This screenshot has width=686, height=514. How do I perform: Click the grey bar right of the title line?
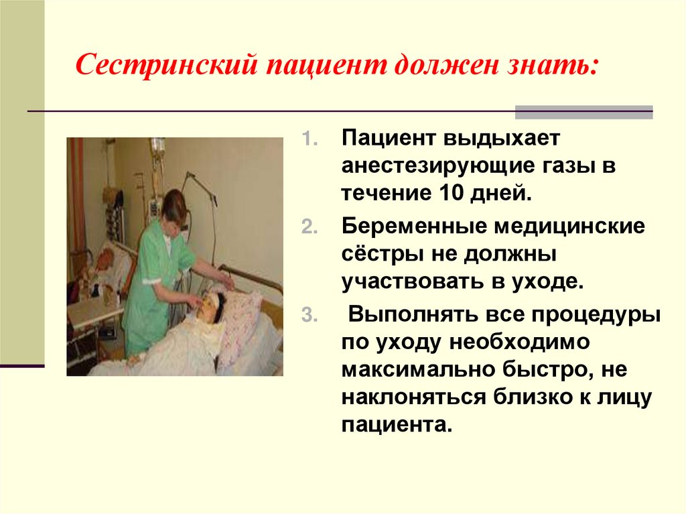point(584,111)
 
